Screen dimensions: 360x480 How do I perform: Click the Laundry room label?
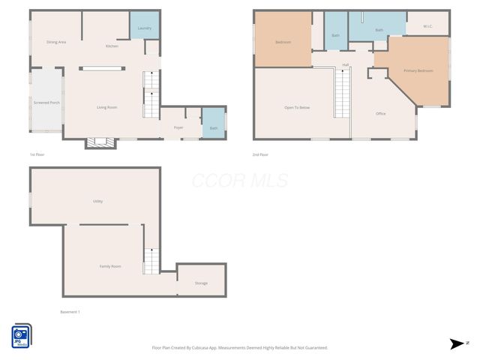(x=145, y=28)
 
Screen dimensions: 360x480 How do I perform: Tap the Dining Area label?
(x=56, y=42)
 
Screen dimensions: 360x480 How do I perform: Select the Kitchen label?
(x=112, y=46)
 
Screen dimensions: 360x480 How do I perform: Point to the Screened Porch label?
(x=46, y=102)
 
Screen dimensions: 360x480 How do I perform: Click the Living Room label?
(x=106, y=107)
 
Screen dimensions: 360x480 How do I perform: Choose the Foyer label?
(x=178, y=127)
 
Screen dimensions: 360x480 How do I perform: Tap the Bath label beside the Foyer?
(x=214, y=128)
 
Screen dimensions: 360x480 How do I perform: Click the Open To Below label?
(x=297, y=108)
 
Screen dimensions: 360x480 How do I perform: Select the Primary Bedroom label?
(x=418, y=70)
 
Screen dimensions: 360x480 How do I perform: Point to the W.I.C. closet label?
(x=427, y=27)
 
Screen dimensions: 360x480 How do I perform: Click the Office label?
(x=381, y=113)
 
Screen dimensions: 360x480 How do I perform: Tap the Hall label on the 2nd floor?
(x=346, y=65)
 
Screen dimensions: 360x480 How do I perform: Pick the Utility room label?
(x=97, y=201)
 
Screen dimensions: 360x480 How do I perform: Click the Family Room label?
(x=111, y=266)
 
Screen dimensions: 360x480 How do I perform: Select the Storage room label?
(x=201, y=283)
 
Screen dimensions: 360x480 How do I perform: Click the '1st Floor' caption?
(x=37, y=154)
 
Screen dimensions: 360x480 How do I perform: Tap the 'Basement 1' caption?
(x=70, y=311)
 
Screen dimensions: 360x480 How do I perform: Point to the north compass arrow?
(x=457, y=343)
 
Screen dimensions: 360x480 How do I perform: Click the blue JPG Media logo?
(x=21, y=335)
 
